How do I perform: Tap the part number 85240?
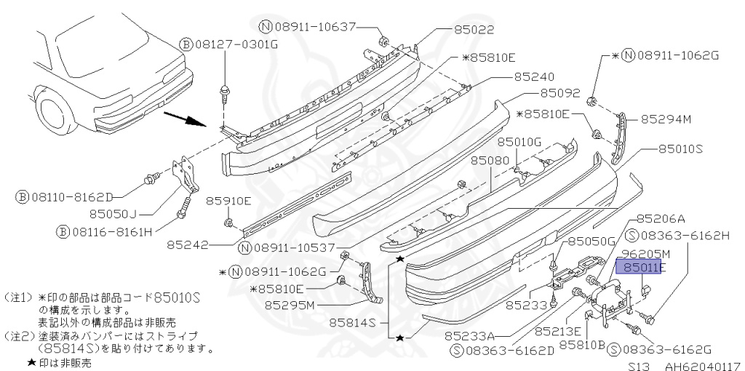tap(534, 76)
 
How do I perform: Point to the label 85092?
tap(559, 93)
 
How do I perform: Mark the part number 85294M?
tap(665, 119)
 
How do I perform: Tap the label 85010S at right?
tap(680, 149)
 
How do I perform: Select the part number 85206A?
tap(661, 218)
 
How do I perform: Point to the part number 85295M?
tap(290, 305)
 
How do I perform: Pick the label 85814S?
tap(353, 321)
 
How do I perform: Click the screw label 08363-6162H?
tap(685, 235)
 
